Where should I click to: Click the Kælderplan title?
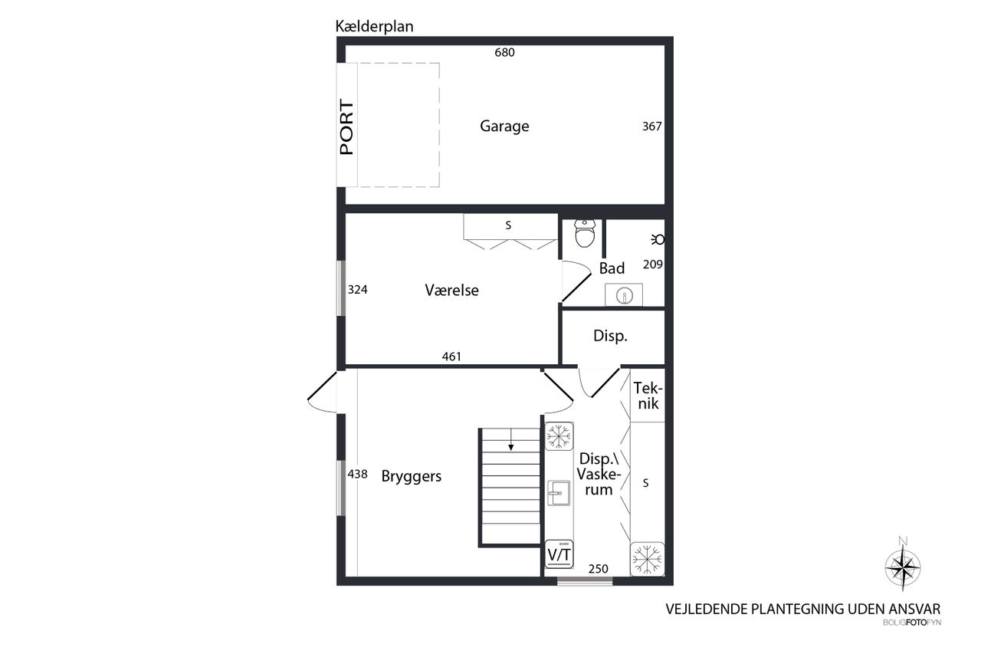coord(374,27)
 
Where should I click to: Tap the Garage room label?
coord(504,127)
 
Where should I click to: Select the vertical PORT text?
coord(346,127)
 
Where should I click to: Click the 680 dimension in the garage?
coord(504,53)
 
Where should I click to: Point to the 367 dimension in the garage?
coord(651,127)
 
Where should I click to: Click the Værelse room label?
coord(451,290)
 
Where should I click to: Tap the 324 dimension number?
coord(357,290)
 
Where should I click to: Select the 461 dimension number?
coord(451,357)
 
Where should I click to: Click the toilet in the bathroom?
coord(585,234)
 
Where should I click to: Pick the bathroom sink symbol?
coord(624,295)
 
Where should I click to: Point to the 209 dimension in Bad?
coord(652,265)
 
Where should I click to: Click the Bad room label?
coord(612,268)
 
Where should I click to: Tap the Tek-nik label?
coord(648,396)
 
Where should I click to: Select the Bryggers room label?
coord(412,476)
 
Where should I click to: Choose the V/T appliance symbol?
coord(559,554)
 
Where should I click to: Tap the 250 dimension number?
coord(599,569)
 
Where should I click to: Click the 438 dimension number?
coord(357,474)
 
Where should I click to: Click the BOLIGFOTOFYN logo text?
coord(912,623)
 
